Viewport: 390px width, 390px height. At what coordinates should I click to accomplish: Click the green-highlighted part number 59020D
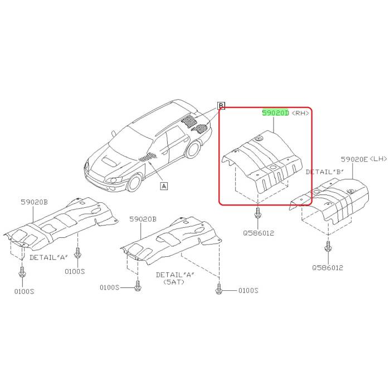pyautogui.click(x=276, y=113)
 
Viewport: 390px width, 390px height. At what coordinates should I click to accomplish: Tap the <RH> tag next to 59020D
pyautogui.click(x=300, y=113)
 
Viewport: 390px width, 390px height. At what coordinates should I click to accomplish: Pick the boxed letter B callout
pyautogui.click(x=221, y=105)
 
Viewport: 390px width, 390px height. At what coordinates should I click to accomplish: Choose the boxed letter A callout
pyautogui.click(x=164, y=186)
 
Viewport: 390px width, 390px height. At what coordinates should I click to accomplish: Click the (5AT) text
pyautogui.click(x=173, y=282)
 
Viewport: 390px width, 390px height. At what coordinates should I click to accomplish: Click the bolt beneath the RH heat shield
pyautogui.click(x=258, y=213)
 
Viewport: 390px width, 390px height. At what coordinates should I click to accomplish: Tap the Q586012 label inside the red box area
pyautogui.click(x=259, y=232)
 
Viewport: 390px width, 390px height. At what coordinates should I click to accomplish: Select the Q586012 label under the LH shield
pyautogui.click(x=328, y=267)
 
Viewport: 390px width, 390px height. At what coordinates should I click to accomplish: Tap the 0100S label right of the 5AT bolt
pyautogui.click(x=248, y=290)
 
